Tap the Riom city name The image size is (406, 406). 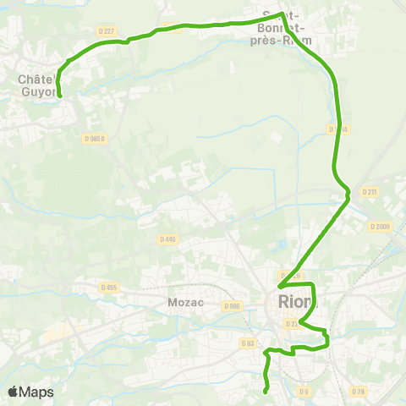tap(295, 302)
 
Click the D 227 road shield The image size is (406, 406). tap(105, 31)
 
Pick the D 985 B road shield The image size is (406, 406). tap(96, 139)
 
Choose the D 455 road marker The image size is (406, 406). tap(109, 288)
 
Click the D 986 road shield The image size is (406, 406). tap(233, 305)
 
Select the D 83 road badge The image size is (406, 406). tap(248, 343)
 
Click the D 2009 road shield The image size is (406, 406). tap(381, 226)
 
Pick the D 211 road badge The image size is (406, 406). tap(370, 192)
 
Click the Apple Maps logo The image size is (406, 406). tap(30, 392)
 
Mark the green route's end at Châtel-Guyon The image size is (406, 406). tap(60, 96)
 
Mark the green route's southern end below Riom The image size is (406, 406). tap(266, 391)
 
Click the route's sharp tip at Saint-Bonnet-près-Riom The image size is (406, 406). tap(281, 13)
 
